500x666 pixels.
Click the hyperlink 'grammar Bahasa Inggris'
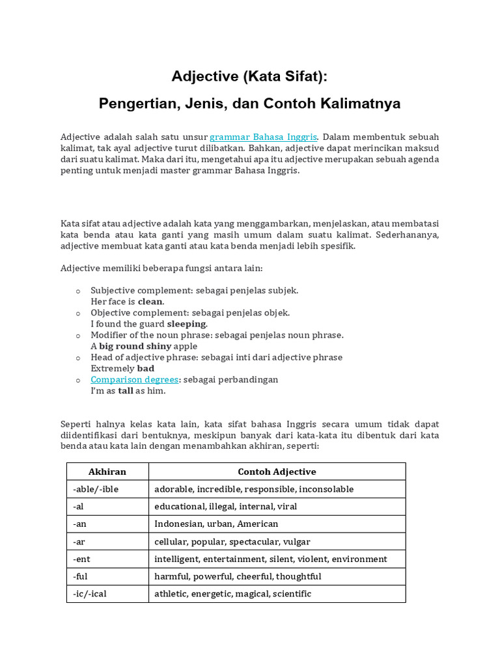[263, 137]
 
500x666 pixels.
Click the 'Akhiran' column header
[107, 472]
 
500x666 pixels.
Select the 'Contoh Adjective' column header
[277, 472]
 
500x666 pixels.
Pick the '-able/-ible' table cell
[96, 489]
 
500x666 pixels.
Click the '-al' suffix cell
[79, 506]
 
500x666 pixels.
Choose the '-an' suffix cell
[79, 524]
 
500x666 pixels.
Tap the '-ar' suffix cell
[79, 541]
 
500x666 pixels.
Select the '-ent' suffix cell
[81, 559]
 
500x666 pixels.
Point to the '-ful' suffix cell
[80, 576]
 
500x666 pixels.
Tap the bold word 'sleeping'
[186, 324]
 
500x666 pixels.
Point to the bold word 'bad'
[146, 368]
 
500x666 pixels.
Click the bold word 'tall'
[125, 391]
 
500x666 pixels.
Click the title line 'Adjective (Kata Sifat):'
[250, 77]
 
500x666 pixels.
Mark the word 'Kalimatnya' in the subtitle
[362, 103]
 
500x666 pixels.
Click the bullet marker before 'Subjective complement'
[77, 291]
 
